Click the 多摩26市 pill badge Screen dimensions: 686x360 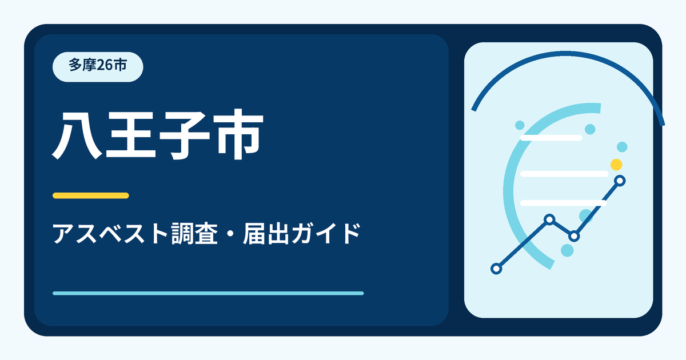[x=98, y=67]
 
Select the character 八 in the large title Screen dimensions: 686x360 [x=77, y=135]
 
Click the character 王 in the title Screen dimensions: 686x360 [x=130, y=135]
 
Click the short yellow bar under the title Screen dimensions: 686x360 [x=91, y=195]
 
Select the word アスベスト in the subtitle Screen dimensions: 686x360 [x=110, y=234]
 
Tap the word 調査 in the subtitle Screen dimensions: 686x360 [x=194, y=234]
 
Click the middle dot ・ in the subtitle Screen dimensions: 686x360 [x=230, y=234]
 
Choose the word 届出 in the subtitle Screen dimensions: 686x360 [x=266, y=234]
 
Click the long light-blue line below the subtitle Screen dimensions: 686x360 [x=208, y=293]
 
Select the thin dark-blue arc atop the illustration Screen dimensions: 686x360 [x=565, y=54]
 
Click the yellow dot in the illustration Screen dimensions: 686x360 [x=616, y=165]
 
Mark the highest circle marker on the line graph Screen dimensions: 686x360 [x=620, y=181]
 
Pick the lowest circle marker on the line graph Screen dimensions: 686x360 [x=496, y=269]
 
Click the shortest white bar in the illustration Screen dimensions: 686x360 [x=551, y=138]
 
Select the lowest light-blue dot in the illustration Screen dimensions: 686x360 [x=567, y=250]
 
